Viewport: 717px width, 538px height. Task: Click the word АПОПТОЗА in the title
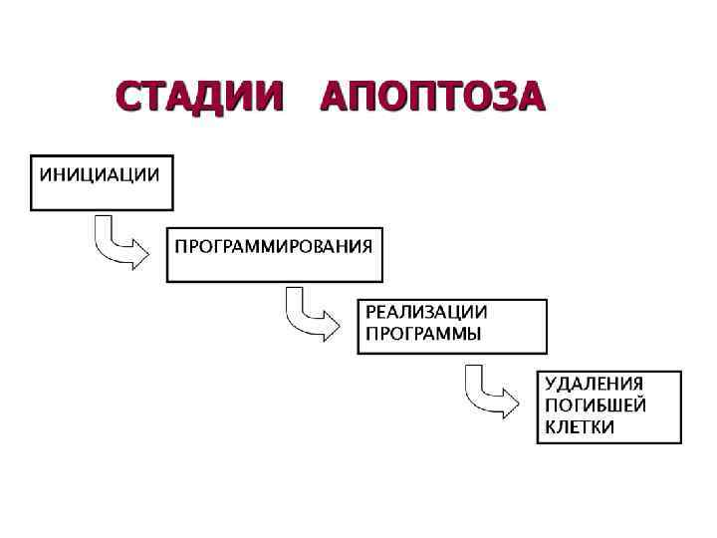pos(434,100)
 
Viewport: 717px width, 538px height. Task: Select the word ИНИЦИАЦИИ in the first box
pos(99,174)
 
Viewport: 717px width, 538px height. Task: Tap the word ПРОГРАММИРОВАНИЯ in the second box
pos(274,245)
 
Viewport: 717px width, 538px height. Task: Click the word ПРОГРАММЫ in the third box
pos(423,334)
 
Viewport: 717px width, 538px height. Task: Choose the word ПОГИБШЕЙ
pos(596,405)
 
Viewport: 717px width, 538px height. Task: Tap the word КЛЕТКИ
pos(579,427)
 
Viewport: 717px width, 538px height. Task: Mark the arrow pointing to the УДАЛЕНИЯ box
pos(489,395)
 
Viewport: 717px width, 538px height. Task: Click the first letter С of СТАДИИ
pos(126,100)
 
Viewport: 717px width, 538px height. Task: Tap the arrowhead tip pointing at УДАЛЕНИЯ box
pos(518,403)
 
